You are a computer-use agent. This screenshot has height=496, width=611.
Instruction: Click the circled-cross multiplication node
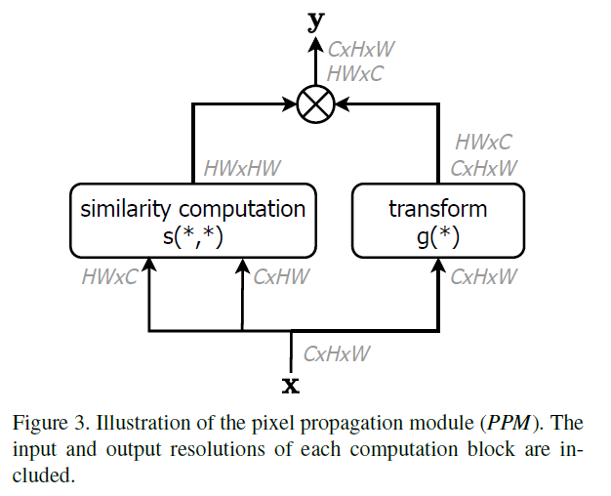tap(315, 103)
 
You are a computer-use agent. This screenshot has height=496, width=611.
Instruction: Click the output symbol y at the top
tap(315, 20)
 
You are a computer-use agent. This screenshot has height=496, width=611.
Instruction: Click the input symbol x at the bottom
tap(291, 385)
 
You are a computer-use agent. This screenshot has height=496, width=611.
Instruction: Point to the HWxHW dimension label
tap(242, 168)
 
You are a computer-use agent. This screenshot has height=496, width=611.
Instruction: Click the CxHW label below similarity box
tap(281, 276)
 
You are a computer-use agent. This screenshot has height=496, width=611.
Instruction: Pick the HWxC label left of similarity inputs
tap(109, 276)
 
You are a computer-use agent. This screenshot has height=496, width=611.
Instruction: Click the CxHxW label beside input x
tap(337, 353)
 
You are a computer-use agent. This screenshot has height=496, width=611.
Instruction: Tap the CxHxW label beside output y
tap(361, 50)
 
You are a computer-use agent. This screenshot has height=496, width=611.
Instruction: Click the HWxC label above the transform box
tap(483, 144)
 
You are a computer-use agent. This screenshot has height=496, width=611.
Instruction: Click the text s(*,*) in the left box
tap(193, 235)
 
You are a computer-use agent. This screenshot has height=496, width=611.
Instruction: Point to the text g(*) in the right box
tap(437, 235)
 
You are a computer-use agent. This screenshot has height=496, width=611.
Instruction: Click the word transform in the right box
tap(437, 208)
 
